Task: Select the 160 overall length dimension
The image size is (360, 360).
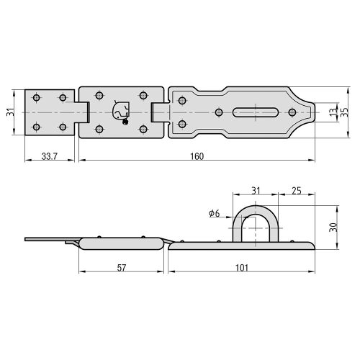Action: click(197, 156)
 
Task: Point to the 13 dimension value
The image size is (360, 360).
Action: click(333, 112)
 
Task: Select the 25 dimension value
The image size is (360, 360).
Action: click(296, 189)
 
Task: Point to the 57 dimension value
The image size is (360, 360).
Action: click(122, 268)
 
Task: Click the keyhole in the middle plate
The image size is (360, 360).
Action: click(120, 111)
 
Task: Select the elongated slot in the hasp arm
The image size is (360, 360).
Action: click(255, 112)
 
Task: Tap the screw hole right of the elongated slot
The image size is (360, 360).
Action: click(292, 112)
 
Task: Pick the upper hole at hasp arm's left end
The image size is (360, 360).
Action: click(181, 100)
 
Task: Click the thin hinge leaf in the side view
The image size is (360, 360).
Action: click(47, 240)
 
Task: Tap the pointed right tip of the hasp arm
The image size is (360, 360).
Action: click(314, 112)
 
